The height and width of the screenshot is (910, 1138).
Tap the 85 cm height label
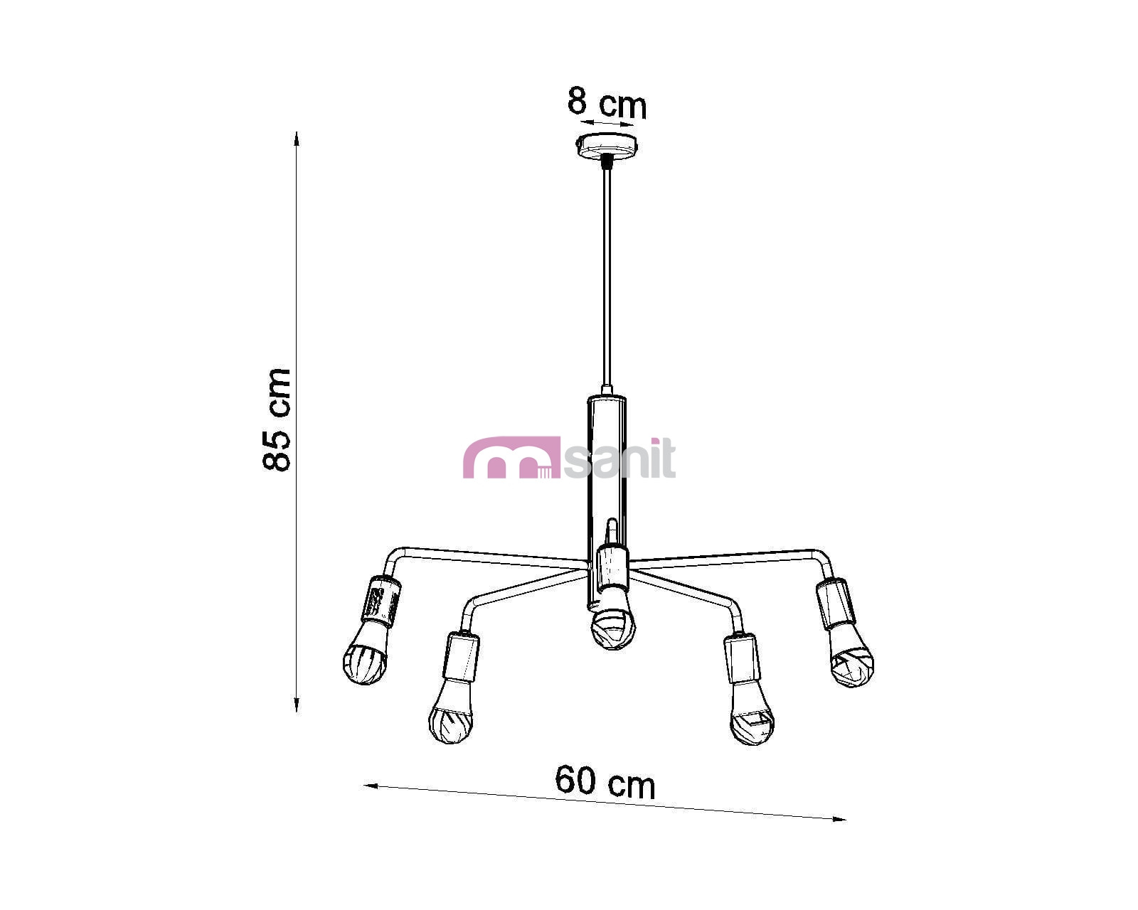click(x=277, y=419)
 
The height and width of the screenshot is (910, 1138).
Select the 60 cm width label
click(x=605, y=781)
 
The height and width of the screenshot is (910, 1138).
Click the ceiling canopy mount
click(x=607, y=146)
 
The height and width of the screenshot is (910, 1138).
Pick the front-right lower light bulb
click(x=752, y=713)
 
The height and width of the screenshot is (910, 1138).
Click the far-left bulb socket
click(x=381, y=601)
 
